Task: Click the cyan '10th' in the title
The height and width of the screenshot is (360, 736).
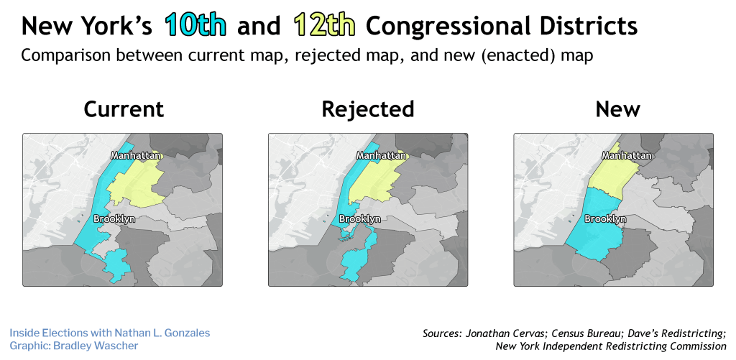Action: pos(195,25)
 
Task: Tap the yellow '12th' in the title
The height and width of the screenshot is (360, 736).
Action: pos(324,25)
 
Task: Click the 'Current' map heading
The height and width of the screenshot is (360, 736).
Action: pos(124,109)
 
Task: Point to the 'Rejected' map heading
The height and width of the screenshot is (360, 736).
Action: pos(368,109)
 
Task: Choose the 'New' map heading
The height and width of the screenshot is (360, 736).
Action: pos(617,109)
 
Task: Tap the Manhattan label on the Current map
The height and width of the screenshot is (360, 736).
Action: pos(136,155)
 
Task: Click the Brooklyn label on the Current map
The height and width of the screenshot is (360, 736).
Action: pos(114,218)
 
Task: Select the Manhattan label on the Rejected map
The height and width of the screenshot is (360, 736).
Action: pos(382,155)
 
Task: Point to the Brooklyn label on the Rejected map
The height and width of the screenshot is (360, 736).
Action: pos(359,218)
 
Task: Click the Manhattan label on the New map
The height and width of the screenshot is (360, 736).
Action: pos(627,155)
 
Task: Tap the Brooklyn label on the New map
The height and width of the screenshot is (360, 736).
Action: pos(605,218)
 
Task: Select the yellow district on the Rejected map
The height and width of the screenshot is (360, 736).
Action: pos(375,183)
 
